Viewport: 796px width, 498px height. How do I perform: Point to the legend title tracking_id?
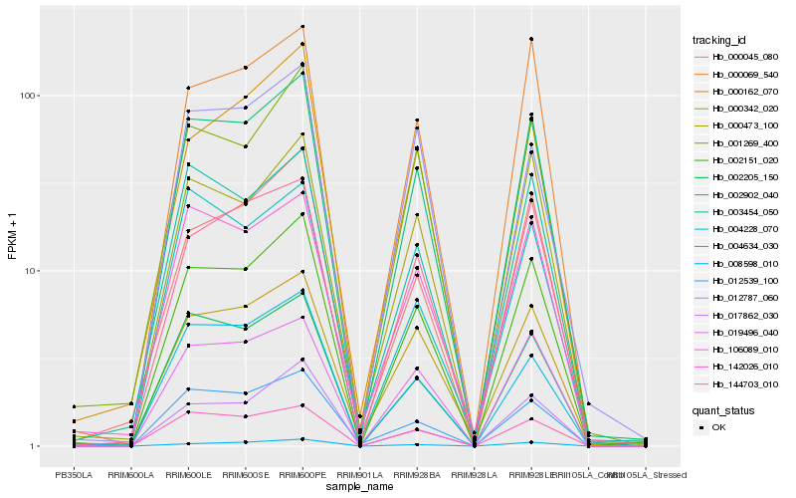[719, 40]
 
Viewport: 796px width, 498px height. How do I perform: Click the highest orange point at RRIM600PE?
[302, 26]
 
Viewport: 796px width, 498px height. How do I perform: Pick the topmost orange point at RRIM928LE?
[531, 39]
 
